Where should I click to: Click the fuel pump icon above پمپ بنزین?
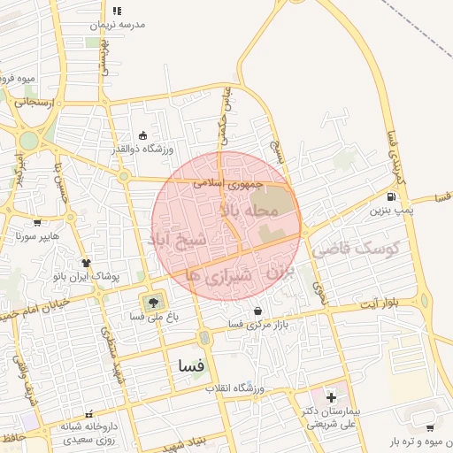(391, 196)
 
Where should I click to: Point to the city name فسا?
(190, 365)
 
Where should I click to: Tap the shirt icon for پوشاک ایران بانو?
(87, 262)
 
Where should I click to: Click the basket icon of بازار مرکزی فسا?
(257, 311)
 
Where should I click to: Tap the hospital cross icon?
(331, 397)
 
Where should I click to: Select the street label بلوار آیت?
(379, 303)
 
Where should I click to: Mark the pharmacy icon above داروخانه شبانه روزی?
(88, 413)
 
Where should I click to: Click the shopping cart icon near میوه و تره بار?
(430, 426)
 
